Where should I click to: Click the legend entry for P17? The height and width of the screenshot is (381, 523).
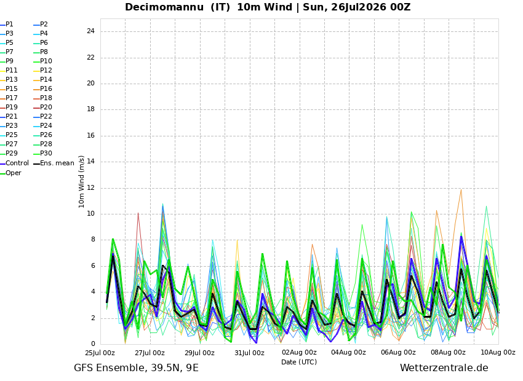(x=9, y=98)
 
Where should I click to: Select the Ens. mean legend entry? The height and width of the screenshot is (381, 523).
(x=54, y=163)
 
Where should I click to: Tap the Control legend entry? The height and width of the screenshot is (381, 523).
(x=15, y=163)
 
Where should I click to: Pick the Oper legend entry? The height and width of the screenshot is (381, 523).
(x=11, y=173)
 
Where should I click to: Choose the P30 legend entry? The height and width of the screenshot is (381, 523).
(x=43, y=153)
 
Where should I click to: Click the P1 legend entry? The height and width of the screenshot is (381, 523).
(x=7, y=25)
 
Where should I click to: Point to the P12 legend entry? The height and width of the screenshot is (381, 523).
(x=43, y=70)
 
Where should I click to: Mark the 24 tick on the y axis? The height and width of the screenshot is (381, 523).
(x=90, y=31)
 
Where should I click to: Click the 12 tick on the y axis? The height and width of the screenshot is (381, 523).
(x=90, y=188)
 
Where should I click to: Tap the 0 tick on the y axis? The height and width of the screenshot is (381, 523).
(x=93, y=344)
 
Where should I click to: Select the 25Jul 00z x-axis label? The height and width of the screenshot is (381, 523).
(x=100, y=353)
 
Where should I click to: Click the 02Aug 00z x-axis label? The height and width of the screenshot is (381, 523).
(x=299, y=353)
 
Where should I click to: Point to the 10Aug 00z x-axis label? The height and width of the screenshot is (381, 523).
(x=498, y=353)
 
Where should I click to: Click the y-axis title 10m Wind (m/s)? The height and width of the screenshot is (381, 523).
(x=81, y=181)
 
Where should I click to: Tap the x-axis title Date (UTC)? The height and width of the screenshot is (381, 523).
(x=299, y=362)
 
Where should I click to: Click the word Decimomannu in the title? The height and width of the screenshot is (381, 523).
(x=164, y=7)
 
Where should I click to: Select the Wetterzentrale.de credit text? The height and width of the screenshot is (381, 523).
(x=444, y=368)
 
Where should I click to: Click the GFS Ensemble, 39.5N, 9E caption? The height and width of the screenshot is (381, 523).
(x=136, y=368)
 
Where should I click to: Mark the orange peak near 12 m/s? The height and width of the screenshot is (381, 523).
(x=461, y=190)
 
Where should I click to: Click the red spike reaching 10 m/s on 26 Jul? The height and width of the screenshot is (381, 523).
(x=138, y=213)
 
